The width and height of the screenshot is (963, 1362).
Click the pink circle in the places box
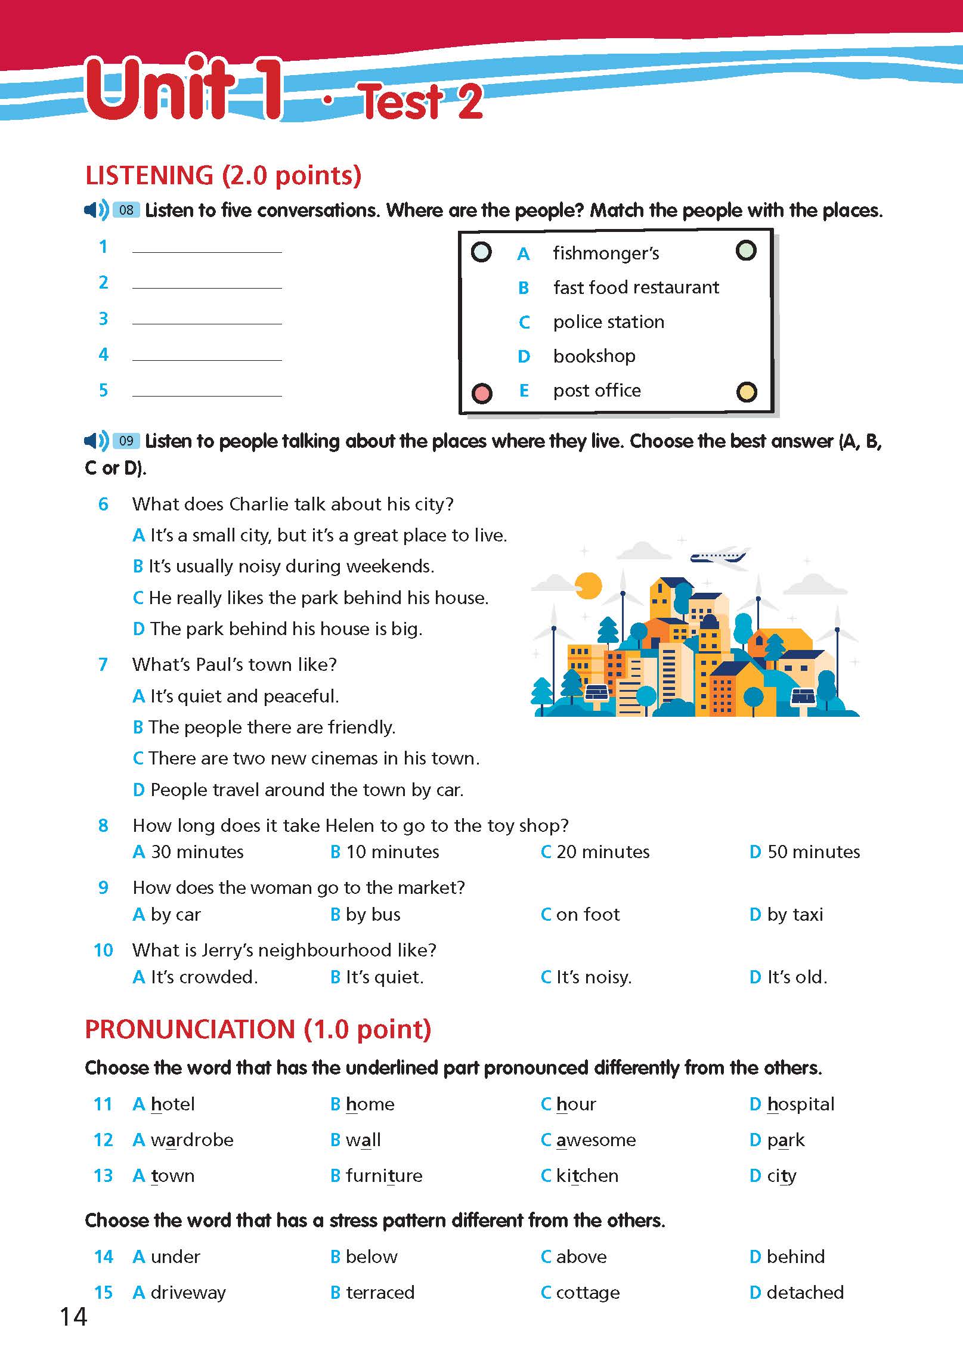(x=482, y=393)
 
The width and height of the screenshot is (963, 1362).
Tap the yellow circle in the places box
(x=747, y=392)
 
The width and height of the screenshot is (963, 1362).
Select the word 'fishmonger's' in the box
(x=606, y=253)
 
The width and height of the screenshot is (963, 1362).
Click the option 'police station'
(x=608, y=322)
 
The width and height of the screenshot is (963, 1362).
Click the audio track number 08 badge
(x=126, y=210)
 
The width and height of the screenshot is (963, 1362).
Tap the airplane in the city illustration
(x=718, y=556)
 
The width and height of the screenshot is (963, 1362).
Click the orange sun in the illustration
(x=589, y=585)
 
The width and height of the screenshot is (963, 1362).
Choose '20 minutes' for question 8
(x=602, y=852)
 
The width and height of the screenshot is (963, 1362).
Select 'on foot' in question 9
(x=587, y=914)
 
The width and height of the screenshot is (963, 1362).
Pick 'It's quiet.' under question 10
(x=384, y=977)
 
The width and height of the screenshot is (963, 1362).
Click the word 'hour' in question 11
(x=575, y=1104)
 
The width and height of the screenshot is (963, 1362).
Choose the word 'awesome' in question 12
(x=596, y=1140)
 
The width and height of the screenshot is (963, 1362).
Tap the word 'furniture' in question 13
(x=384, y=1175)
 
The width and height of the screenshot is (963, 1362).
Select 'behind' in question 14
(x=795, y=1256)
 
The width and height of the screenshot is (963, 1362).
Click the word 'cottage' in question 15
(x=587, y=1292)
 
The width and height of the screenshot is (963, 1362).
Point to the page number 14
(x=73, y=1317)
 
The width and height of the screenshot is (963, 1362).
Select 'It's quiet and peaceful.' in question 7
(x=244, y=696)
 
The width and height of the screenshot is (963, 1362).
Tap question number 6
(x=103, y=504)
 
